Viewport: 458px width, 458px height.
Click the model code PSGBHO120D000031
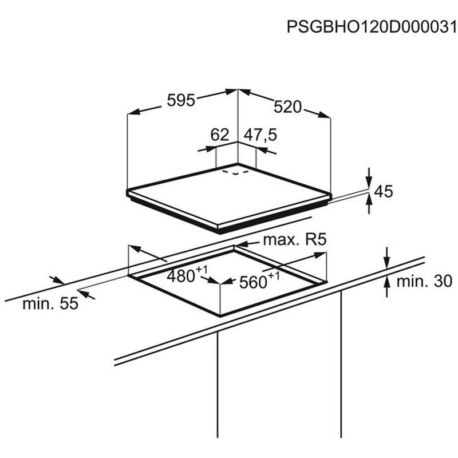click(372, 27)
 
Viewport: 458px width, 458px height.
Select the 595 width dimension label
click(181, 101)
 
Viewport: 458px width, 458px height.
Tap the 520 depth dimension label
click(287, 107)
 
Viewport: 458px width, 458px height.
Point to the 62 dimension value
click(220, 135)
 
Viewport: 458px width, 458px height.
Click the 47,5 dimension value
click(260, 135)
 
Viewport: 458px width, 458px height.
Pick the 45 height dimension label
click(384, 192)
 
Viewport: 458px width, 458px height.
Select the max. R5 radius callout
click(295, 240)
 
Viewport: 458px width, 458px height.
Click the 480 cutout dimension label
click(180, 276)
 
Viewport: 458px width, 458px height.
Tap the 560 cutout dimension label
click(253, 282)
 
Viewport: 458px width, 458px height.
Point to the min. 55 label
click(50, 303)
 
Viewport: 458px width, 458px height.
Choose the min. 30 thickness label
click(424, 281)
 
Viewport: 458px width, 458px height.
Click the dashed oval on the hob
click(235, 172)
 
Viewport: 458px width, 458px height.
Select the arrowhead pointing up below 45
click(369, 201)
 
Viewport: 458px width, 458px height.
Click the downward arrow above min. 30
click(387, 258)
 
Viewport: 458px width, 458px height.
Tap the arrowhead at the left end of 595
click(134, 112)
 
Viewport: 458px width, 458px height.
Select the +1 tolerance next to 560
click(274, 275)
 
